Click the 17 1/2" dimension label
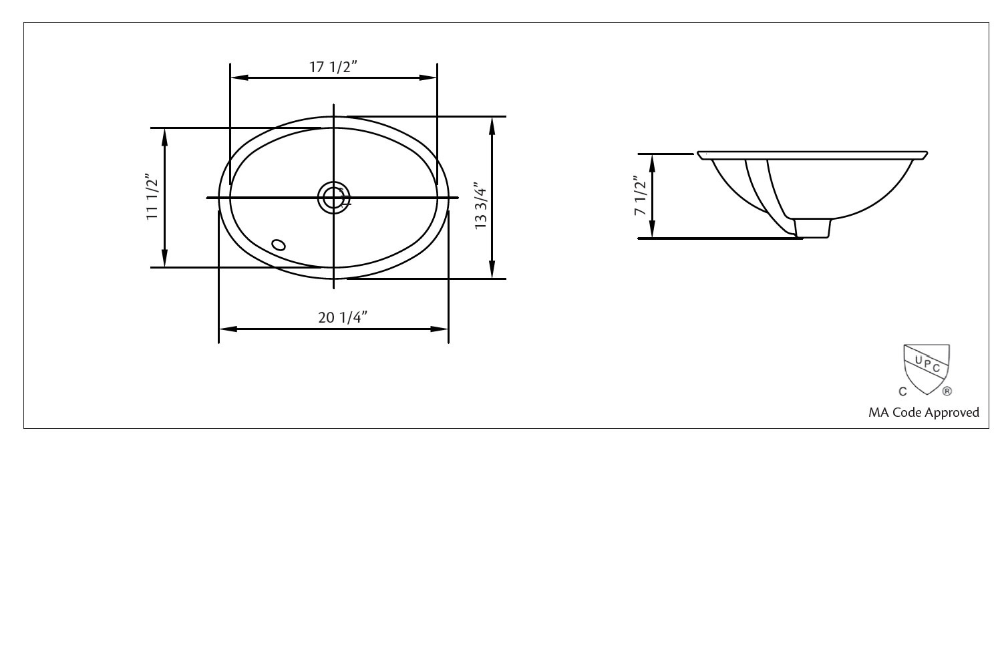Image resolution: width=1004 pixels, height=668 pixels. coord(333,67)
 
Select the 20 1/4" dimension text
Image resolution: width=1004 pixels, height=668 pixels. coord(343,317)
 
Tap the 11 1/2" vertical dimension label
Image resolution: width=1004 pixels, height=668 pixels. coord(153,198)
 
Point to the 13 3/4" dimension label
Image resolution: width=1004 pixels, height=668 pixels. coord(481,206)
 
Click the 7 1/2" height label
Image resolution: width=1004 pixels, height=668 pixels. coord(641,196)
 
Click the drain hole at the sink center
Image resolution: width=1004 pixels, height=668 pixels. coord(333,198)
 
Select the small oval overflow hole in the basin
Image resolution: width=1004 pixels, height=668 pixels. coord(279,244)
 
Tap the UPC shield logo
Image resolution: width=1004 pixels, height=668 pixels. coord(927,365)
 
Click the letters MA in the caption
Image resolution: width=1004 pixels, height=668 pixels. coord(878,413)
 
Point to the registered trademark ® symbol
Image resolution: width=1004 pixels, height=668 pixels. coord(947,391)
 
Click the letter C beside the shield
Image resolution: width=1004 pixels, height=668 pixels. coord(902,391)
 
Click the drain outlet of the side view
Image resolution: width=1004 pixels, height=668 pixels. coord(813,228)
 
